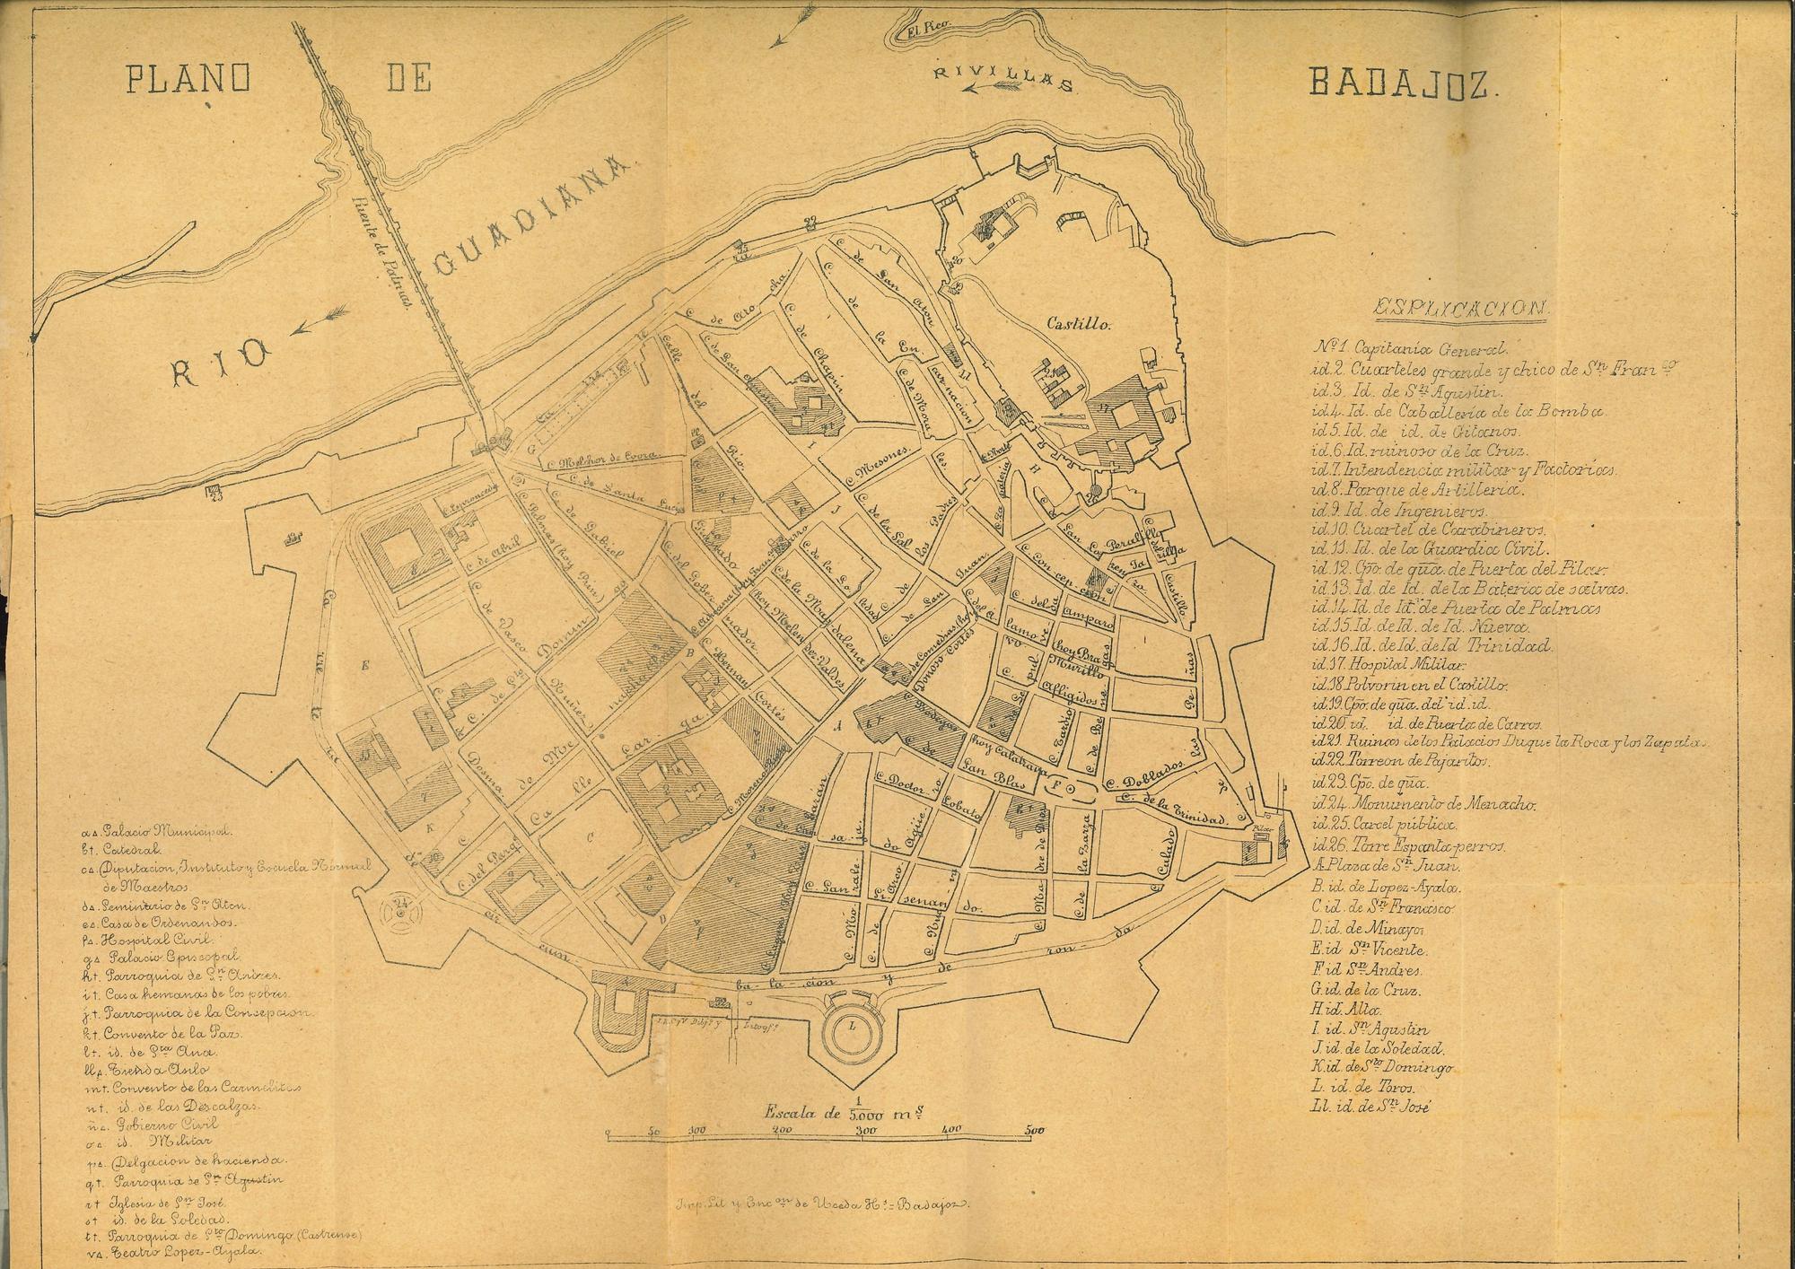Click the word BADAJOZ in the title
(1401, 83)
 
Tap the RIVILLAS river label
(1003, 78)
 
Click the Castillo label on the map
(1079, 325)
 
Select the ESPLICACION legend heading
(1461, 309)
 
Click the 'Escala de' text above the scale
(801, 1113)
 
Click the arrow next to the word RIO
(319, 318)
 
